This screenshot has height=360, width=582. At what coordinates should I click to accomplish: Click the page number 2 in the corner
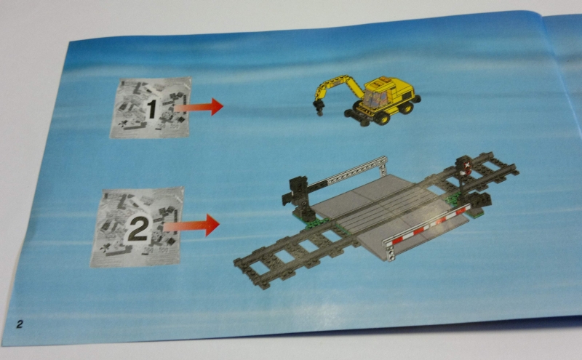point(19,324)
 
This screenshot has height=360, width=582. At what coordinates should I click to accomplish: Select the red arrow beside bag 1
point(198,107)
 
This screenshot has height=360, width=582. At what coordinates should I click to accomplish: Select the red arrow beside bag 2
point(191,225)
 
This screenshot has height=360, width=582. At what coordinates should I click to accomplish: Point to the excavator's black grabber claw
point(319,107)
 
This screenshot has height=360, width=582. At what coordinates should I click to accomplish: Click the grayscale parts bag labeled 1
point(151,108)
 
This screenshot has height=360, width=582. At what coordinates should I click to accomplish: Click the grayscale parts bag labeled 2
point(137,227)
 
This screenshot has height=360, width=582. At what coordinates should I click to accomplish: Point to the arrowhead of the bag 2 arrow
point(212,225)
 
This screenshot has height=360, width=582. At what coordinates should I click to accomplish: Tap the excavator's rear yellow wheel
point(406,107)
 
